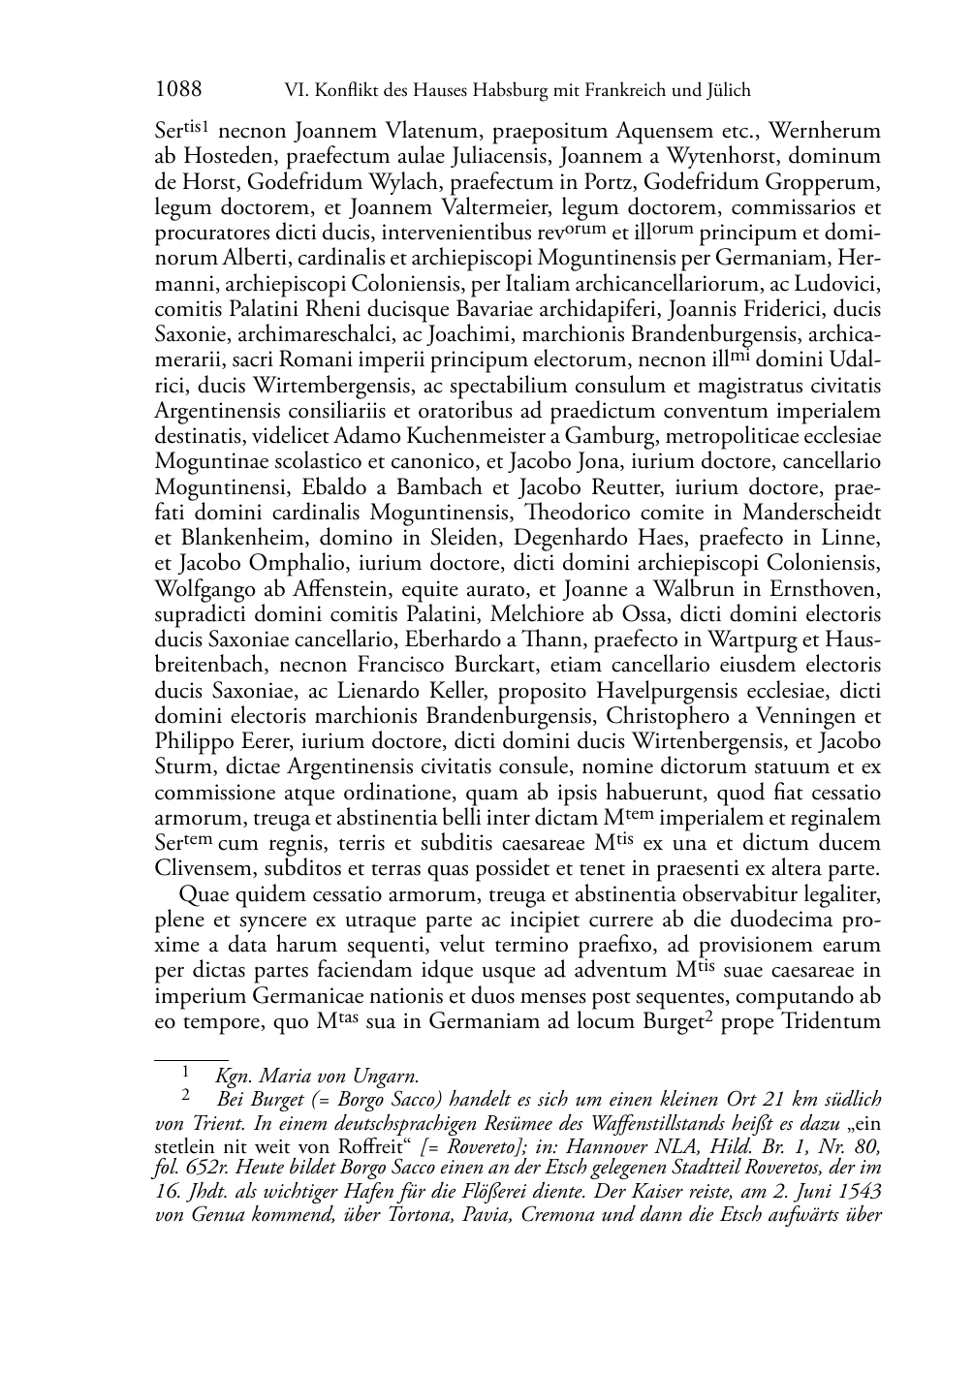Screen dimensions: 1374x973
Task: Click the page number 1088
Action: click(178, 91)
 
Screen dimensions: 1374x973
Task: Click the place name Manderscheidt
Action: click(812, 513)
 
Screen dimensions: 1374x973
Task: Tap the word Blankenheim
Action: click(235, 538)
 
